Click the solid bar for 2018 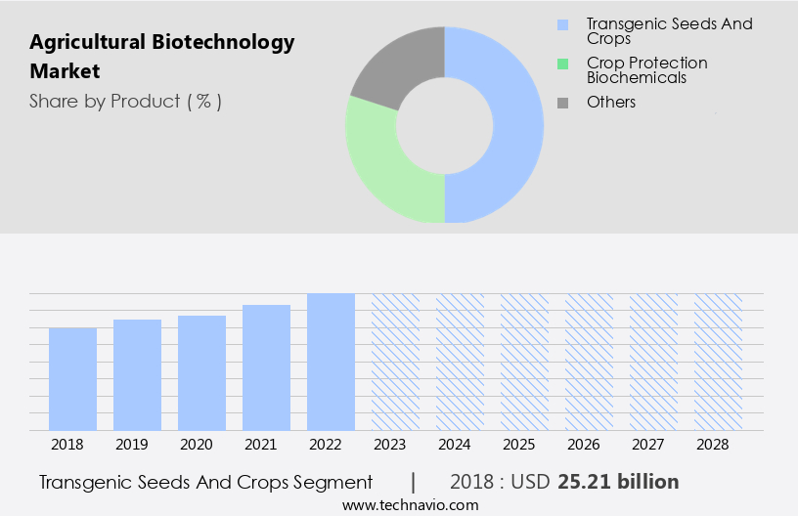point(72,378)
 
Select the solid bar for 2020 point(201,372)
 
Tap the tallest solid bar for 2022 point(331,362)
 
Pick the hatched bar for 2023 point(395,362)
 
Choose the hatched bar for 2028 point(718,362)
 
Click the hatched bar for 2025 point(524,362)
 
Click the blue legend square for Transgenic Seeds point(562,24)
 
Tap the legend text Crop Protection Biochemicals point(646,70)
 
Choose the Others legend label point(611,102)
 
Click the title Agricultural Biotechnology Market point(161,57)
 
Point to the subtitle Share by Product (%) point(125,102)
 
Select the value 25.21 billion point(618,482)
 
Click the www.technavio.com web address point(411,505)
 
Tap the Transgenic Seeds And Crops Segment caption point(206,482)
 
